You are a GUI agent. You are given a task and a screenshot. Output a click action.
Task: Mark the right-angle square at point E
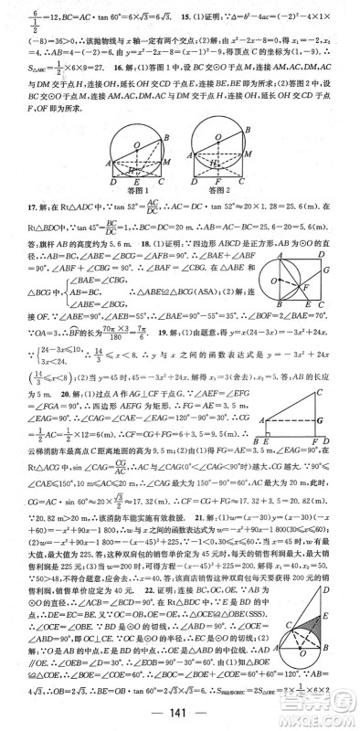click(279, 428)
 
